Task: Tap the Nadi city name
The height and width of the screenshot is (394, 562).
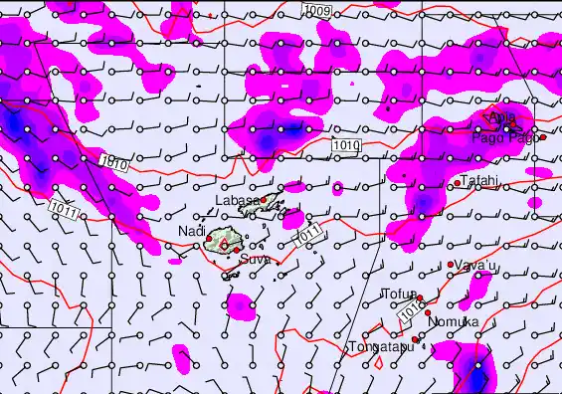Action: tap(191, 232)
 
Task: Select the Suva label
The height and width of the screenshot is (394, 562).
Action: tap(254, 259)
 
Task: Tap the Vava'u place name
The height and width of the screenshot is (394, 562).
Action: tap(476, 266)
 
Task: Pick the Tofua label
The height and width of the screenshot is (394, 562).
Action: tap(398, 295)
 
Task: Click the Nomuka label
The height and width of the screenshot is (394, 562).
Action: tap(453, 322)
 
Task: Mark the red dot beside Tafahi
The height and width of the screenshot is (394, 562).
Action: tap(458, 183)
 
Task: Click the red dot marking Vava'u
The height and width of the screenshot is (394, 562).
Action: tap(451, 265)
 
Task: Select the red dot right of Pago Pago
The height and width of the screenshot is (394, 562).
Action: tap(543, 137)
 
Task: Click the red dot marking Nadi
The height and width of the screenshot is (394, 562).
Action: tap(207, 235)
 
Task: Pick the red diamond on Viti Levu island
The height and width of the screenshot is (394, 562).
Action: tap(226, 242)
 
